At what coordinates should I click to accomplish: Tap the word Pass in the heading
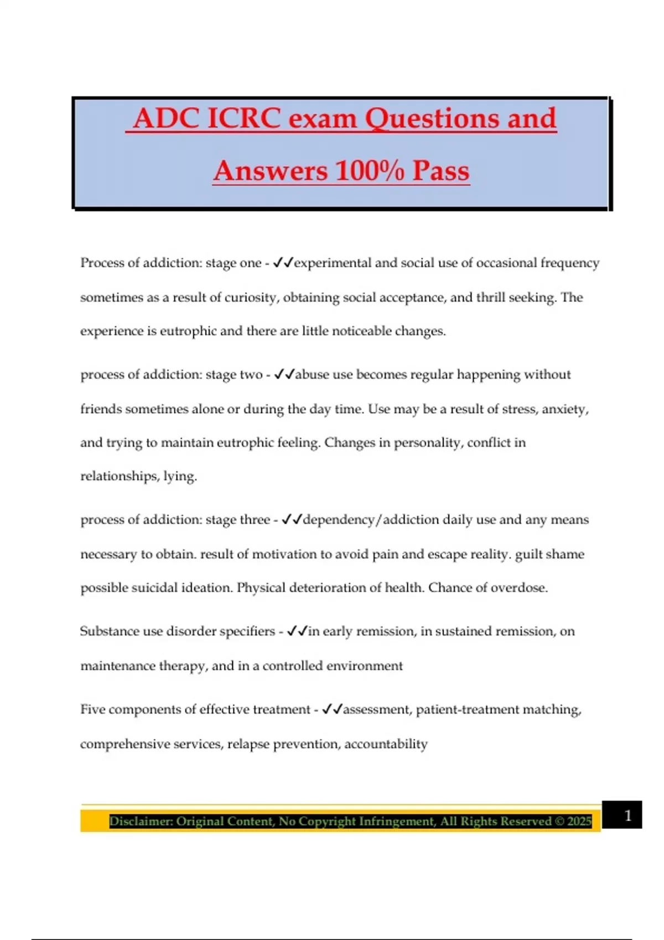[441, 170]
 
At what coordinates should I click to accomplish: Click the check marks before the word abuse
[284, 374]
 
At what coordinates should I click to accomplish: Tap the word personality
[427, 443]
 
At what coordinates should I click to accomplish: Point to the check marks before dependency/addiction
[292, 520]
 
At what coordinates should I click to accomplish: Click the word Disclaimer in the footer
[140, 821]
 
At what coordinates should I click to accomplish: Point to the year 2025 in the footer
[579, 821]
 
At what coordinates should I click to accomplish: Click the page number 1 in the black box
[627, 815]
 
